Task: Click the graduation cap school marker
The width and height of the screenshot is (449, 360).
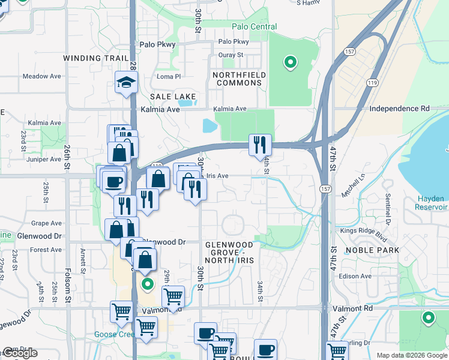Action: (x=127, y=83)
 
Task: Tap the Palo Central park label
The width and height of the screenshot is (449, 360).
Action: (x=255, y=27)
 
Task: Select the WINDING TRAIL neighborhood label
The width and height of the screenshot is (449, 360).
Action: (x=92, y=58)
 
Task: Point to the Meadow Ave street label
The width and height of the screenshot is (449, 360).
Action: (x=42, y=76)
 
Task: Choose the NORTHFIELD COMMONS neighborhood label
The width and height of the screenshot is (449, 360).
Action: (x=238, y=79)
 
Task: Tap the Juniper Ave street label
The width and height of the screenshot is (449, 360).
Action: (x=40, y=160)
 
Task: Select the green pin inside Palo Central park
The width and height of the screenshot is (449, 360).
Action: (x=290, y=62)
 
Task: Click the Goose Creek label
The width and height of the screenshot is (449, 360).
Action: (x=115, y=335)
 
